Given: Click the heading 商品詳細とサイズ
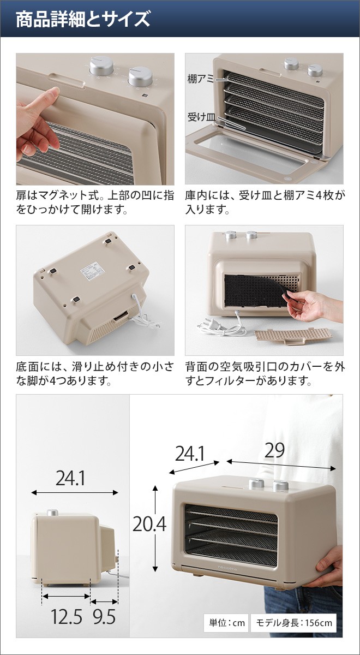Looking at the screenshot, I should [x=82, y=20].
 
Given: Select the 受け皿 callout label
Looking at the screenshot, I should [x=200, y=116].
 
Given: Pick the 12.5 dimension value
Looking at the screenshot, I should [x=67, y=617].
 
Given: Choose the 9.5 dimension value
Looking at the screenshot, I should [x=103, y=617].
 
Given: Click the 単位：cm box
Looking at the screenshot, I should [x=226, y=623].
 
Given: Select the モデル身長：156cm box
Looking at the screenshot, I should [x=293, y=623].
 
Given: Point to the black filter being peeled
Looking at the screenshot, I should [x=254, y=291].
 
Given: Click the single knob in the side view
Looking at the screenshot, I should [x=52, y=513].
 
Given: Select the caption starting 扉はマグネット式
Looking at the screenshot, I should [x=95, y=202].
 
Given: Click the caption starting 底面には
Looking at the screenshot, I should [x=95, y=373].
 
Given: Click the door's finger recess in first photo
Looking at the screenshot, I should [x=67, y=82].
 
